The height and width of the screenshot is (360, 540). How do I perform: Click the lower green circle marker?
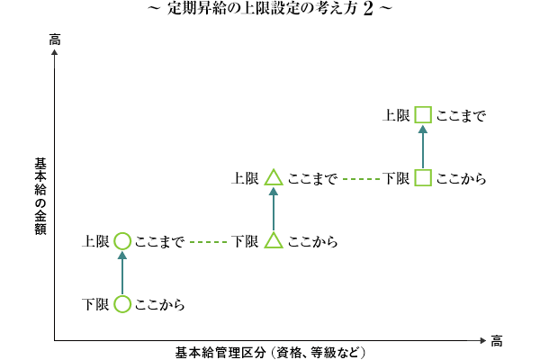click(x=122, y=304)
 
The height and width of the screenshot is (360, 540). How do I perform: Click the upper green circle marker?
click(x=122, y=241)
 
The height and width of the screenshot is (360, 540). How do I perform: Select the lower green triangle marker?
click(x=274, y=240)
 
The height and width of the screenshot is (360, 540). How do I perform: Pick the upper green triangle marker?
click(x=274, y=178)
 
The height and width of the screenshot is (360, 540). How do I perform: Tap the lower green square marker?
click(x=423, y=178)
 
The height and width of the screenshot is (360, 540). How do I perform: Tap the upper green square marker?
click(x=423, y=115)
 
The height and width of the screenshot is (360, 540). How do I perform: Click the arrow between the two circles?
click(x=122, y=273)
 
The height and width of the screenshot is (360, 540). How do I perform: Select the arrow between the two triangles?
click(x=274, y=210)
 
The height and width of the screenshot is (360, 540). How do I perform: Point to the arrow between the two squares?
click(x=423, y=147)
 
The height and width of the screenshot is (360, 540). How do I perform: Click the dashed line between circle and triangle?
click(x=207, y=242)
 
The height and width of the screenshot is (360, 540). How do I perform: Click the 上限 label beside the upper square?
click(x=397, y=116)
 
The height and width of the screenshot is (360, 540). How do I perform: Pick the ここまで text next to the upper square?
click(x=461, y=116)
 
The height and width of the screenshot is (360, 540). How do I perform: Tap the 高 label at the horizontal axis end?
click(x=496, y=340)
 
